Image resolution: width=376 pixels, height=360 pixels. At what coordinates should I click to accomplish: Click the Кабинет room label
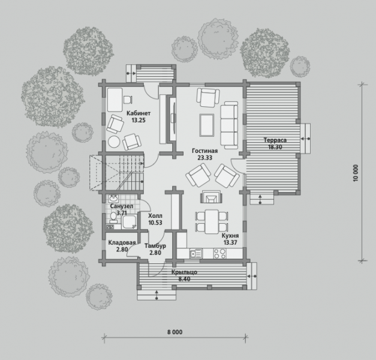139,113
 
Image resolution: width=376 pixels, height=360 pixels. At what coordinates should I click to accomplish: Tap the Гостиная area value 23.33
205,158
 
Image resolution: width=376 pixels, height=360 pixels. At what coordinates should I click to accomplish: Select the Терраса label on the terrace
275,140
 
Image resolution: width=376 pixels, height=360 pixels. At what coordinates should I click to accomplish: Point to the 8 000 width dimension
175,332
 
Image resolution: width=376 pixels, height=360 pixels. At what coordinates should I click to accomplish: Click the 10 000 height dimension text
356,173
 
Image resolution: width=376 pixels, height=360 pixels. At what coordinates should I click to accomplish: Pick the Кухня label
230,236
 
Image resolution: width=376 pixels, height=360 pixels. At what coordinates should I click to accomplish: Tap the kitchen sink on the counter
196,253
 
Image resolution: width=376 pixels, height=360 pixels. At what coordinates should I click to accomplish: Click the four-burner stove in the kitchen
220,253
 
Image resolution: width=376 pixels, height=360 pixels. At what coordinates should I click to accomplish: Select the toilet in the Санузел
113,217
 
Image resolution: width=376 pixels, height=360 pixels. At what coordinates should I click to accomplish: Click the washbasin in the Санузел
113,199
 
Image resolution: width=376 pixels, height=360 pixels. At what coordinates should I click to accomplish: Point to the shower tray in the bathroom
130,222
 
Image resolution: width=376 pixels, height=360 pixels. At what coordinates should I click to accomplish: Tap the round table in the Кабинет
114,142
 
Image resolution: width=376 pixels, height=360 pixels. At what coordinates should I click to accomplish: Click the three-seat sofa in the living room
229,125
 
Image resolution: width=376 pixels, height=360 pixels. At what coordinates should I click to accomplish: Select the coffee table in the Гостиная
207,125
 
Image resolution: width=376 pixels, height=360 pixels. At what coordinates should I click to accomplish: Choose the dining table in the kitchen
212,221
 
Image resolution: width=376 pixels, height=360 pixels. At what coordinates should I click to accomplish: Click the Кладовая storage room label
122,242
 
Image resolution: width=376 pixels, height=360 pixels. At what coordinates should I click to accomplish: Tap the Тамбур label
155,246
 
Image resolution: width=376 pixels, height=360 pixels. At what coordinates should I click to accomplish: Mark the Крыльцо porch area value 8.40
185,279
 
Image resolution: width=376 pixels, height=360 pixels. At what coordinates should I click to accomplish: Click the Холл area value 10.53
155,223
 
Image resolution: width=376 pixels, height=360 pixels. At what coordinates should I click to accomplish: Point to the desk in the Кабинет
115,100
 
